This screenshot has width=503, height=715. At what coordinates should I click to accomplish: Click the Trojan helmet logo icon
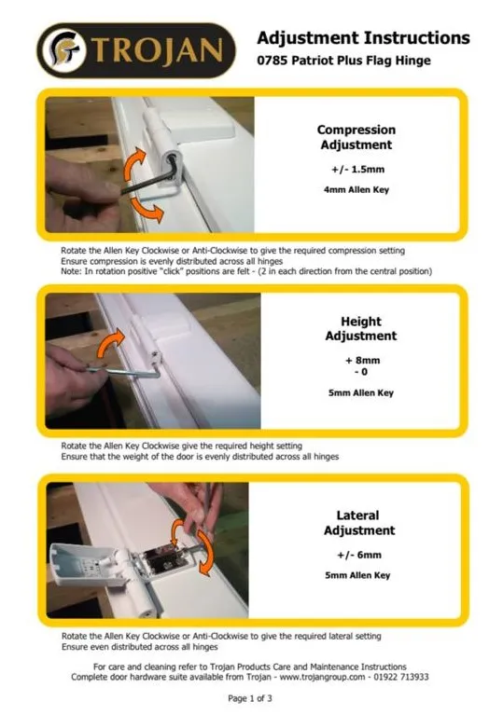[x=67, y=49]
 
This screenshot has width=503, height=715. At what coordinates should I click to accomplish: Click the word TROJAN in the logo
[x=158, y=50]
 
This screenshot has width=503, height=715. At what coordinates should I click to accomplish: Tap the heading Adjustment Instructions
[x=363, y=38]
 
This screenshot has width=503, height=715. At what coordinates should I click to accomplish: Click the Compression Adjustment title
[x=356, y=137]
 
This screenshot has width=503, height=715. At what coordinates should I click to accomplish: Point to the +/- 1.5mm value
[x=357, y=169]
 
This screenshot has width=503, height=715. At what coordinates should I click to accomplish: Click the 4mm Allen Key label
[x=356, y=189]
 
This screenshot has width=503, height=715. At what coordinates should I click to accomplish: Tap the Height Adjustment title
[x=361, y=328]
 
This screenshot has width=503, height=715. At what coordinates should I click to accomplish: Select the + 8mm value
[x=363, y=360]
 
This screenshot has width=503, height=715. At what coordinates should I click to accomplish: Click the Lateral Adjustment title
[x=359, y=523]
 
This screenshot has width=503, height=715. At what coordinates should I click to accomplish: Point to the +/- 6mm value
[x=359, y=555]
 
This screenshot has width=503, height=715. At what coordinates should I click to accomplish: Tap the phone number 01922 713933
[x=400, y=677]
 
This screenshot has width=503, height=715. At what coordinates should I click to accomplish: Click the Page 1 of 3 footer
[x=250, y=698]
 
